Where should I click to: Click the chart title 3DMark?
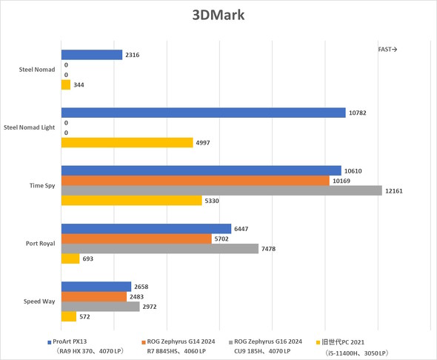(x=218, y=15)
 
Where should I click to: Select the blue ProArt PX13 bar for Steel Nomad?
(x=91, y=55)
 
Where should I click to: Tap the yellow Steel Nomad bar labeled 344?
(x=65, y=85)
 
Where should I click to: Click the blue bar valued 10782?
(x=203, y=113)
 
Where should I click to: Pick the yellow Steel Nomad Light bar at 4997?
(x=127, y=142)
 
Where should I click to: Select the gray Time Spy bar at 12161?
(x=221, y=190)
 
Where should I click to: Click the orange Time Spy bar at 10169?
(x=195, y=181)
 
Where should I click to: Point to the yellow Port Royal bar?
(x=70, y=259)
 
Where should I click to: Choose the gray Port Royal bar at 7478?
(x=159, y=248)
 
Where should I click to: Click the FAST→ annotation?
(x=387, y=50)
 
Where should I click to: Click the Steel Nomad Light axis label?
(x=30, y=127)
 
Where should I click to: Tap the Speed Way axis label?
(x=39, y=301)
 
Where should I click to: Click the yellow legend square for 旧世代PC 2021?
(x=318, y=342)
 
